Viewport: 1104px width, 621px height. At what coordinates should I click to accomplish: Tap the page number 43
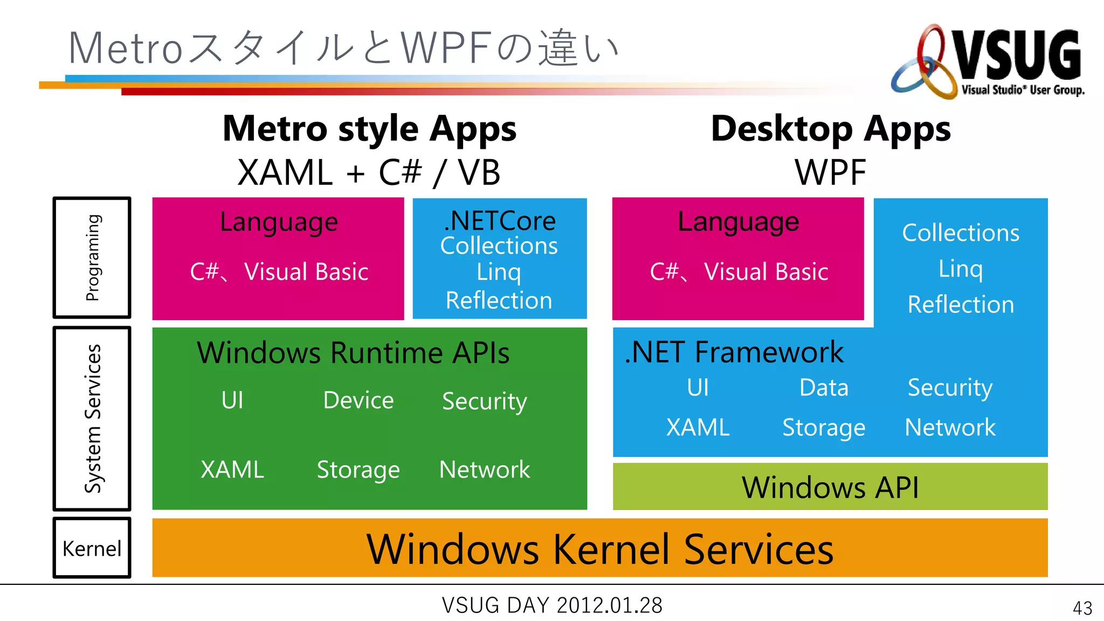[1082, 608]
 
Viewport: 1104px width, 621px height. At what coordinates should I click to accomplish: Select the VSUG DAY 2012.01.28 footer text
[552, 605]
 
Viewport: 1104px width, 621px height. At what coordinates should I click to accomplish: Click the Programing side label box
[92, 258]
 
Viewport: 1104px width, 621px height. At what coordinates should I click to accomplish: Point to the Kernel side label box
[92, 548]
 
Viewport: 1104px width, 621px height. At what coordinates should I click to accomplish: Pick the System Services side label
[92, 418]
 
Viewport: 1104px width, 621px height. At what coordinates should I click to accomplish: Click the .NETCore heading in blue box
[500, 221]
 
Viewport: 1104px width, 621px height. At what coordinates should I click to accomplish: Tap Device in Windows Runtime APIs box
[358, 400]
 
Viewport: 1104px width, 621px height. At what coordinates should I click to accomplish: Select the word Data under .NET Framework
[824, 388]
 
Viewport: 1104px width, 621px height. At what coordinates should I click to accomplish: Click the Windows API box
[830, 487]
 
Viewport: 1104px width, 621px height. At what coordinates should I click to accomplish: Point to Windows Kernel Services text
[599, 549]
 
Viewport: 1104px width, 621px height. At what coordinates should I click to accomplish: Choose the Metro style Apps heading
[369, 129]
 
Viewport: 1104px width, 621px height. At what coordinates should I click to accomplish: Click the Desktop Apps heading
[831, 129]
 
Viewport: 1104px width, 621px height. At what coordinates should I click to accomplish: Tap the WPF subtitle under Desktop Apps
[830, 172]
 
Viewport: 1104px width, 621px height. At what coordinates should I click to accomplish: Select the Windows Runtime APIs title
[353, 353]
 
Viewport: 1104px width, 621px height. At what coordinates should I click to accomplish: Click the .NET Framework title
[734, 352]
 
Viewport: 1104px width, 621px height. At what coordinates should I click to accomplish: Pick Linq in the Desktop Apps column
[960, 268]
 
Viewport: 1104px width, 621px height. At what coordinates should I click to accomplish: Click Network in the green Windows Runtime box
[484, 470]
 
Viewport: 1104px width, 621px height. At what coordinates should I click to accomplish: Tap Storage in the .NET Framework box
[823, 427]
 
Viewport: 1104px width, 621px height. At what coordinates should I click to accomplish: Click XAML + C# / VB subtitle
[369, 172]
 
